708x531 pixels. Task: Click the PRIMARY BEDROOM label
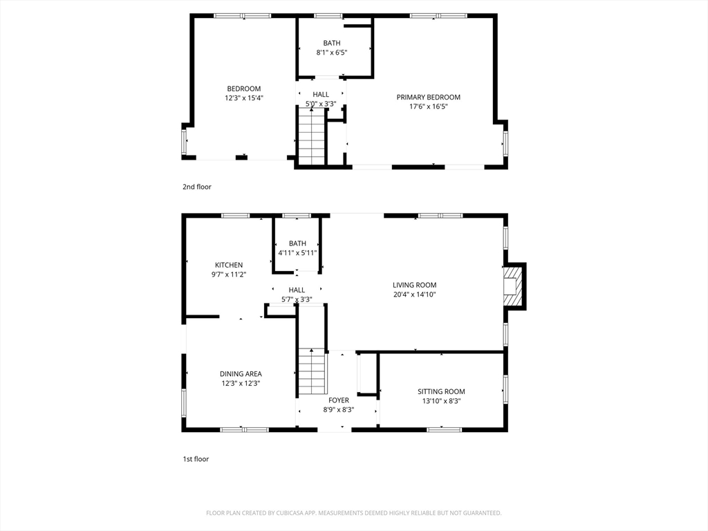coord(428,97)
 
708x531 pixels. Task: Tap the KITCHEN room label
coord(228,265)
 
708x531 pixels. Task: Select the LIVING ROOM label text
coord(415,285)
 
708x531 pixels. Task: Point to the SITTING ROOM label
coord(441,391)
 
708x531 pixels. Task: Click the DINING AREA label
coord(241,374)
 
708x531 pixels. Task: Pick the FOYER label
coord(339,400)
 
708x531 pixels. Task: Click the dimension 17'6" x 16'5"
coord(429,107)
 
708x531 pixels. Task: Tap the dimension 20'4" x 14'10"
coord(415,295)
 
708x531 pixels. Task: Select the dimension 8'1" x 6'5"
coord(332,53)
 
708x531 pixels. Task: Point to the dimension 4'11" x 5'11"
coord(297,253)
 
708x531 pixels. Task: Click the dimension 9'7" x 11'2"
coord(229,274)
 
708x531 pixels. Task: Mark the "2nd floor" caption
coord(197,187)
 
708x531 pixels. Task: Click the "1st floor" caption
coord(196,459)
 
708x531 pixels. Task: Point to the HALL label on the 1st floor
coord(297,290)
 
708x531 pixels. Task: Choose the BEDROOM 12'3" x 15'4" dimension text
coord(244,98)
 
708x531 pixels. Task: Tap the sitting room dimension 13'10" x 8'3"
coord(441,401)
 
